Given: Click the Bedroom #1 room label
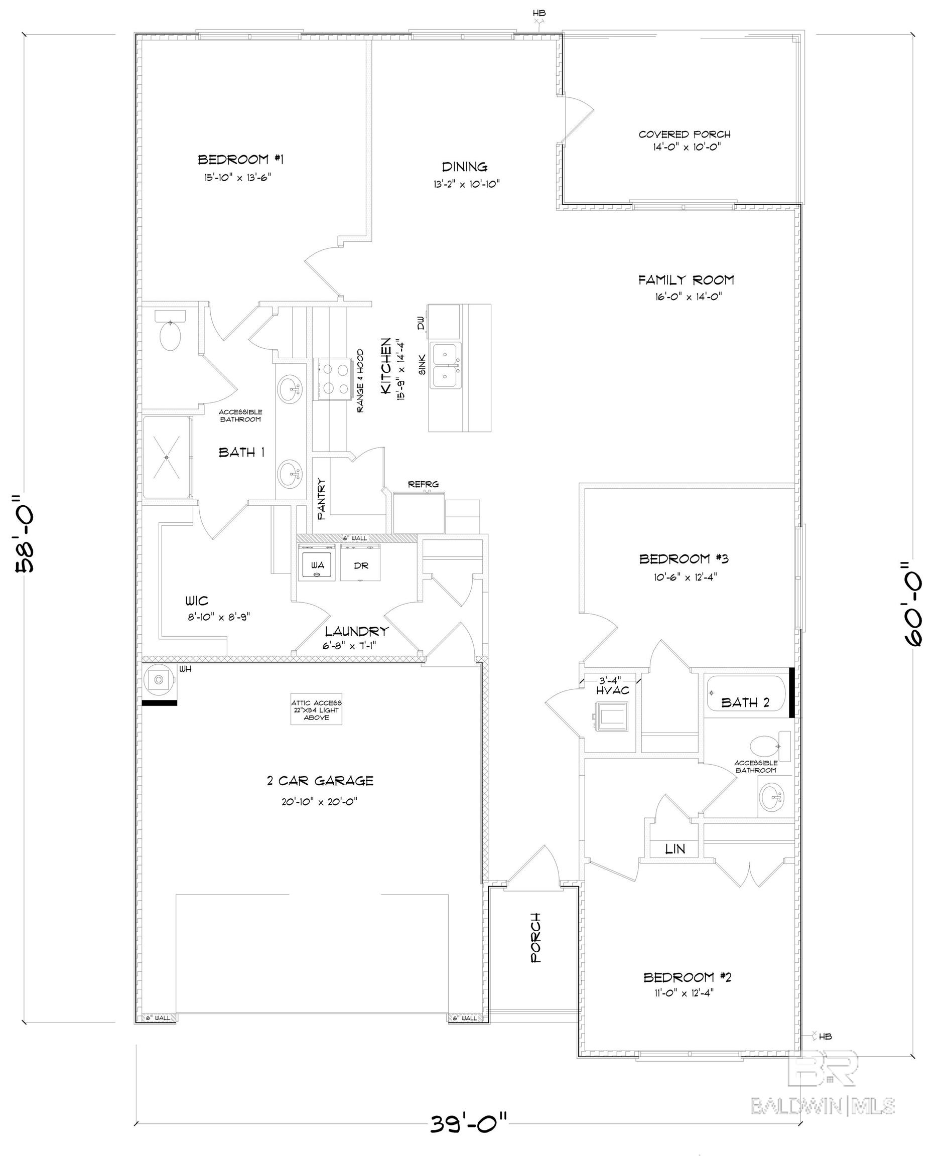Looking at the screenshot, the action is (x=240, y=160).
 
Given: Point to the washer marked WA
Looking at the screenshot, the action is (x=317, y=565).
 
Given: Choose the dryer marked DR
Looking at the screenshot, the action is (x=360, y=565).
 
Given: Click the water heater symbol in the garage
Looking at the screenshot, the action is (x=159, y=679).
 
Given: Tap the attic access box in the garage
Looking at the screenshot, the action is (x=316, y=709).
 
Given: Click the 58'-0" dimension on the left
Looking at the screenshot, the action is (x=26, y=533).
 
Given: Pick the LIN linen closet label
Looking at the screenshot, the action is (x=675, y=849).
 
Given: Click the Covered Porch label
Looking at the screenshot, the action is (x=685, y=134).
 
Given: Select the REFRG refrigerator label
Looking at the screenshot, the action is (x=423, y=484).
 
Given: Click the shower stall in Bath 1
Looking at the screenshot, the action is (x=167, y=457).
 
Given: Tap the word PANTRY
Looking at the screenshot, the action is (x=321, y=498).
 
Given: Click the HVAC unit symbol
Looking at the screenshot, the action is (x=612, y=716).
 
